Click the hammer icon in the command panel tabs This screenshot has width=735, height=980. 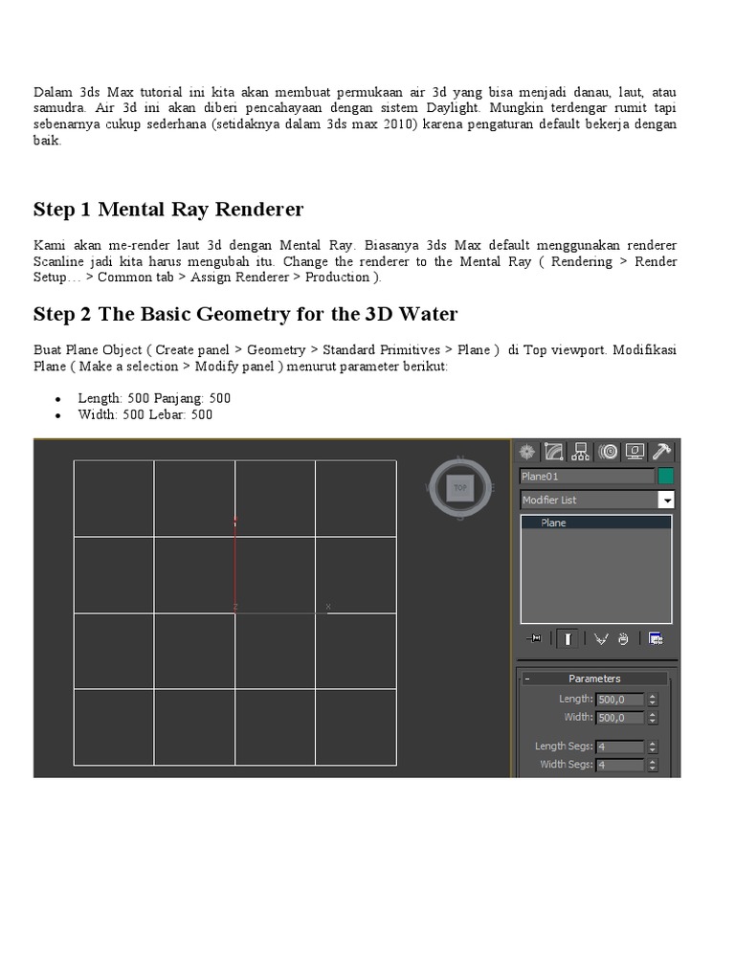point(661,452)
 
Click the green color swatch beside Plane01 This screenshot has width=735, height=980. point(665,476)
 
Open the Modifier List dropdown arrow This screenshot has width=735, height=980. point(666,500)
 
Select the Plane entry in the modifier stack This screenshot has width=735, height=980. point(554,523)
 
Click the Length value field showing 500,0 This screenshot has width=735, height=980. point(619,700)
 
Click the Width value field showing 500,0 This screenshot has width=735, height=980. point(619,718)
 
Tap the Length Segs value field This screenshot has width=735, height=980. point(619,746)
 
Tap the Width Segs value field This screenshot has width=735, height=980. point(619,765)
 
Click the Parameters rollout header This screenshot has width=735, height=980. point(594,679)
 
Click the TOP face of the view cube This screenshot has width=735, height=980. point(459,487)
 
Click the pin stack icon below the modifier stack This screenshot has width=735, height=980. point(534,638)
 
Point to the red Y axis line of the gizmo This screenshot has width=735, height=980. point(235,565)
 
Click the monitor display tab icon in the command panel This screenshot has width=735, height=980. point(634,452)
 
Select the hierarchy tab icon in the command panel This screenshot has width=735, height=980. point(580,452)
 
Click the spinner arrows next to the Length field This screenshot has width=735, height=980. point(653,700)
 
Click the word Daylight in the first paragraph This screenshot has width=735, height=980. point(453,108)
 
